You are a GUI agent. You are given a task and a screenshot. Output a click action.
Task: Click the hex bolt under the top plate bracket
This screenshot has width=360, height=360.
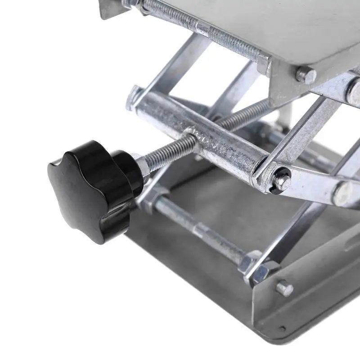[306, 74]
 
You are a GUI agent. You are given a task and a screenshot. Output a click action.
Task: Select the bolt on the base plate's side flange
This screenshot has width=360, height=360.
[284, 288]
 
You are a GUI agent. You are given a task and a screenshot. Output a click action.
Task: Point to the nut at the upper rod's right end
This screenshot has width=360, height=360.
[263, 63]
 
